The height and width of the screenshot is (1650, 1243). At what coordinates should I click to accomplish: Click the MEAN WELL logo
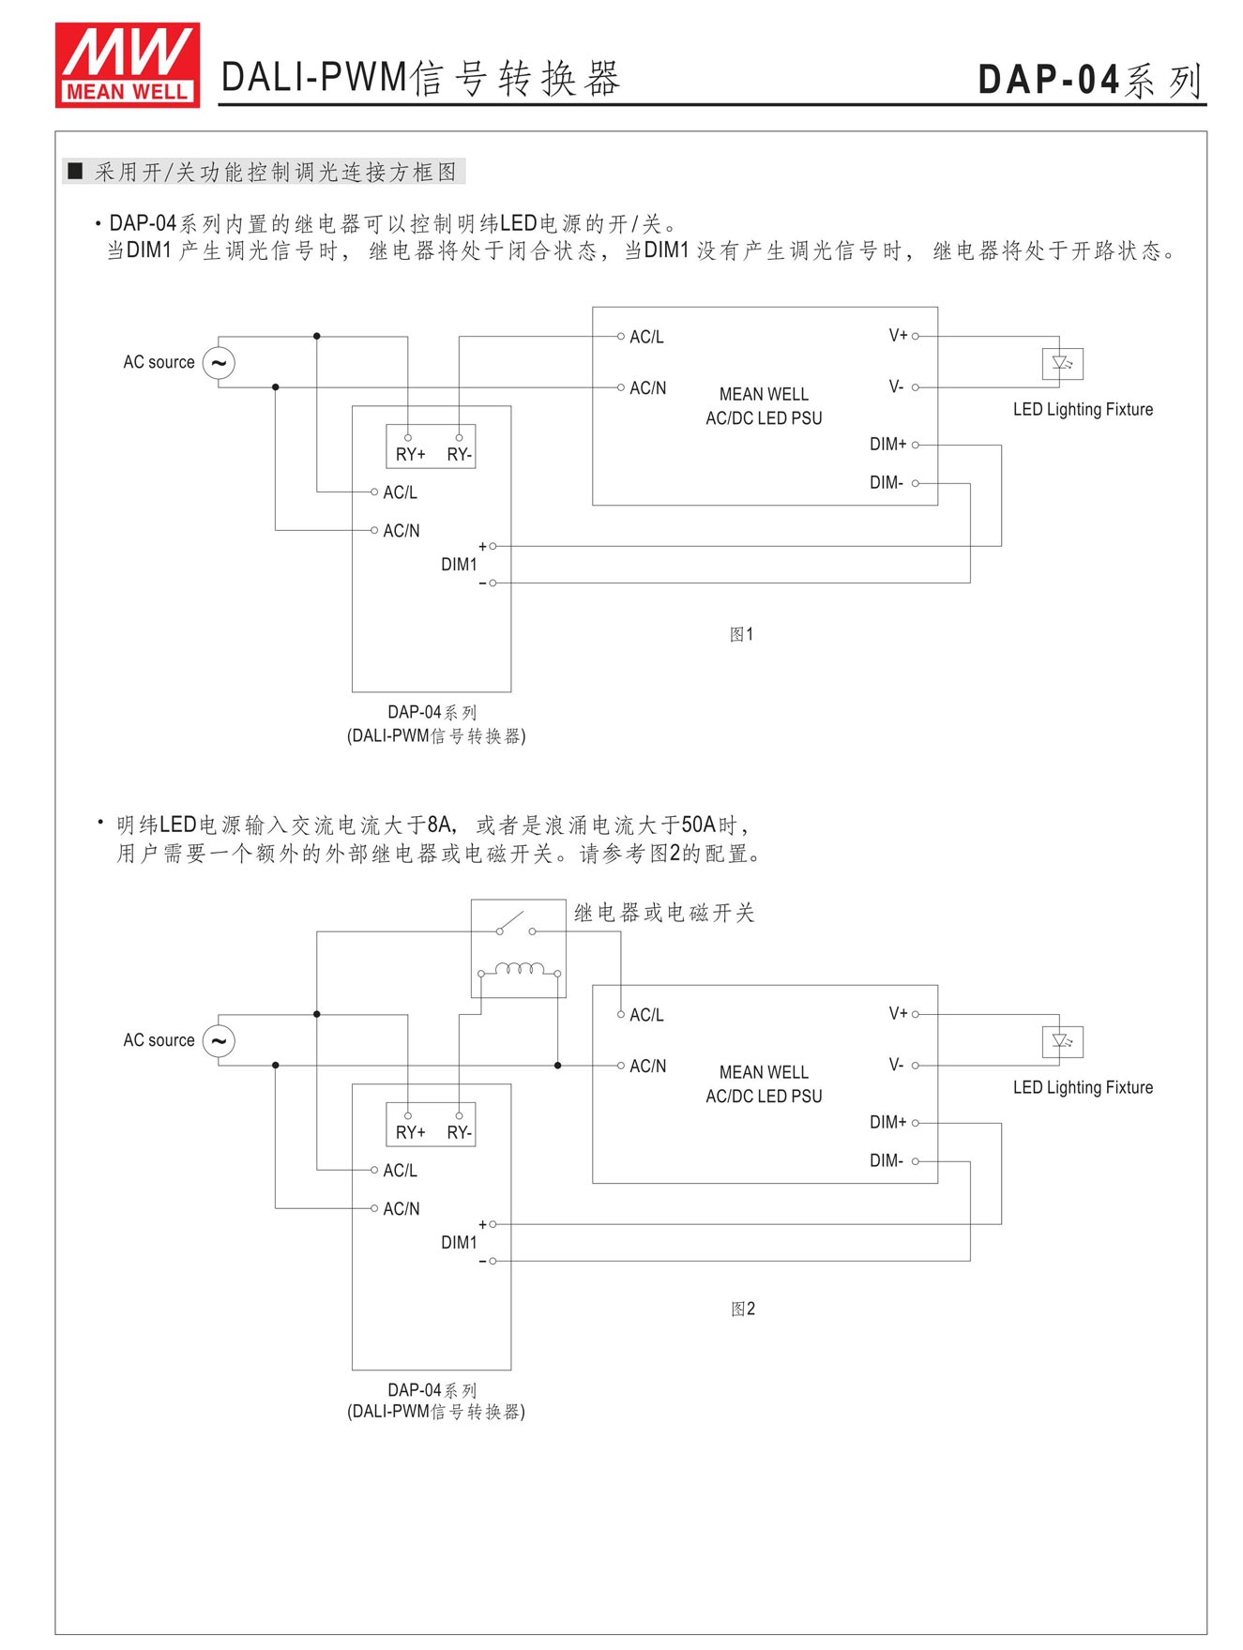[127, 65]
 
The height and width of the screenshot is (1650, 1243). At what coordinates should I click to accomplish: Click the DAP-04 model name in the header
[1049, 80]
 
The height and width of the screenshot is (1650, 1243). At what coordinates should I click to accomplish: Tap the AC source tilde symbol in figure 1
[219, 363]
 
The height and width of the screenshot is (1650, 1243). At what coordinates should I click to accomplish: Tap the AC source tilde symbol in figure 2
[219, 1041]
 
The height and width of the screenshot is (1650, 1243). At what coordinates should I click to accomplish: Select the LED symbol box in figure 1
[1062, 364]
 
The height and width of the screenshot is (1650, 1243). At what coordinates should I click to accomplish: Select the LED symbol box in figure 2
[1062, 1042]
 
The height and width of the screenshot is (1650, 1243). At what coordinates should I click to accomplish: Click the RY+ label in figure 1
[410, 455]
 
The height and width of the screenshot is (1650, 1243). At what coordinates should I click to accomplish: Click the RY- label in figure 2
[460, 1133]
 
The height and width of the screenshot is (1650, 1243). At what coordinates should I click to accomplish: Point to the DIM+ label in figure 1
[887, 445]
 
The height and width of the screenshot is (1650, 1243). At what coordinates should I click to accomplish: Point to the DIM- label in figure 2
[886, 1161]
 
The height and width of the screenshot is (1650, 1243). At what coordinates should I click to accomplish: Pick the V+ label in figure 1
[898, 336]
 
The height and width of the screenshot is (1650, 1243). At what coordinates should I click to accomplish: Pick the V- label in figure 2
[896, 1066]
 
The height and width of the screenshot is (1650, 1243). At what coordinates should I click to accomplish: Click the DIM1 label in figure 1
[459, 565]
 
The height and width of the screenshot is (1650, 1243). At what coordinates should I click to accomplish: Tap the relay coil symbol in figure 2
[519, 969]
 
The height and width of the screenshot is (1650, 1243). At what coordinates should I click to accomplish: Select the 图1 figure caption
[741, 635]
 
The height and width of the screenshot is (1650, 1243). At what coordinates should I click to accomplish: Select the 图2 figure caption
[742, 1309]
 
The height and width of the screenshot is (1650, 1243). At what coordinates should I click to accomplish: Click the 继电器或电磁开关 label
[664, 914]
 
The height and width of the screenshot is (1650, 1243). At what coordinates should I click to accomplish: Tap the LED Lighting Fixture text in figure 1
[1083, 410]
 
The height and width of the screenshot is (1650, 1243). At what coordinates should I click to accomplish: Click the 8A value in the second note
[439, 825]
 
